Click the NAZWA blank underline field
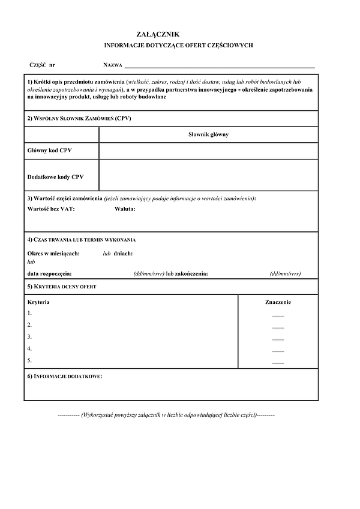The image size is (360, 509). pyautogui.click(x=219, y=65)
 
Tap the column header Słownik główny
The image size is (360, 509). pyautogui.click(x=208, y=134)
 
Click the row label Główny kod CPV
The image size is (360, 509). pyautogui.click(x=50, y=150)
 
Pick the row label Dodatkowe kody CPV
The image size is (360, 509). pyautogui.click(x=56, y=177)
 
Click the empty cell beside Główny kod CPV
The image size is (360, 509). pyautogui.click(x=208, y=150)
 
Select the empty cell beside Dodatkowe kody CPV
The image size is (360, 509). pyautogui.click(x=208, y=174)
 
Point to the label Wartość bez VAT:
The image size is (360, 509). pyautogui.click(x=52, y=209)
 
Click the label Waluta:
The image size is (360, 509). pyautogui.click(x=125, y=209)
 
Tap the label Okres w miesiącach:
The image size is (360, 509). pyautogui.click(x=53, y=254)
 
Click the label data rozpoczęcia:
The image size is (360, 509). pyautogui.click(x=50, y=273)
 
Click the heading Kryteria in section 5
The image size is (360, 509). pyautogui.click(x=38, y=302)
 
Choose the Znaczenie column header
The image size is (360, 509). pyautogui.click(x=278, y=302)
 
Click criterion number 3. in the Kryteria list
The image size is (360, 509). pyautogui.click(x=29, y=337)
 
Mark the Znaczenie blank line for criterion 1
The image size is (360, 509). pyautogui.click(x=278, y=315)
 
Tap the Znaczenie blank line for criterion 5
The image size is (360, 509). pyautogui.click(x=278, y=363)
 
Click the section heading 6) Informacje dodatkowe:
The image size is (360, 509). pyautogui.click(x=65, y=376)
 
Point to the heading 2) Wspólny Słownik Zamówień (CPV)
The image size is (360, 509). pyautogui.click(x=79, y=119)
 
